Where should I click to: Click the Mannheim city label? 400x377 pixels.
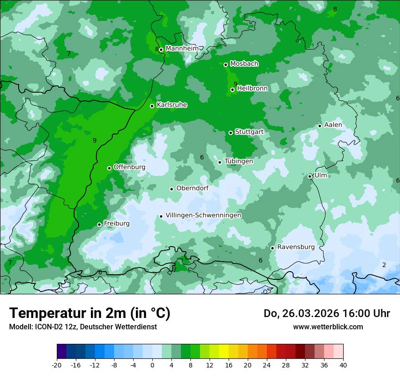tap(182, 49)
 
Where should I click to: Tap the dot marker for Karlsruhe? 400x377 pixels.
tap(152, 106)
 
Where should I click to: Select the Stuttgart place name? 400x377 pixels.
tap(249, 132)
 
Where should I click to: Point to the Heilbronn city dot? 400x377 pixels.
tap(232, 89)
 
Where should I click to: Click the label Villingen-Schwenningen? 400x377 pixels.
tap(203, 215)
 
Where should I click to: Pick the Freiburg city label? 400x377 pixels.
tap(116, 223)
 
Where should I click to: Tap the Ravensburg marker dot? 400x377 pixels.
tap(272, 248)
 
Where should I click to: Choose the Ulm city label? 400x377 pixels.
tap(320, 175)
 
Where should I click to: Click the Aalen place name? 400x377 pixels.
tap(333, 125)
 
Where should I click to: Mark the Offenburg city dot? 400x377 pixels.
tap(109, 168)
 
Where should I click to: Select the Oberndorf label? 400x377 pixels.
tap(192, 188)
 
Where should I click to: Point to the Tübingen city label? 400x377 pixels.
tap(239, 161)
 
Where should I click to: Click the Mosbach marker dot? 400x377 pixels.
tap(225, 64)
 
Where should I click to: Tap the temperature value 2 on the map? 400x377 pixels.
tap(384, 265)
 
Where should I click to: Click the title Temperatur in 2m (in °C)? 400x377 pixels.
tap(90, 313)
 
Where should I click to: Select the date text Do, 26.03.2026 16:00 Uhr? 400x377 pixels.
tap(327, 313)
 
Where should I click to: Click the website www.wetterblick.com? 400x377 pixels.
tap(328, 327)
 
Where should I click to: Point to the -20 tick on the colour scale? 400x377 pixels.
tap(57, 365)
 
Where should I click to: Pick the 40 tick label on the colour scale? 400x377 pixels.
tap(343, 365)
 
